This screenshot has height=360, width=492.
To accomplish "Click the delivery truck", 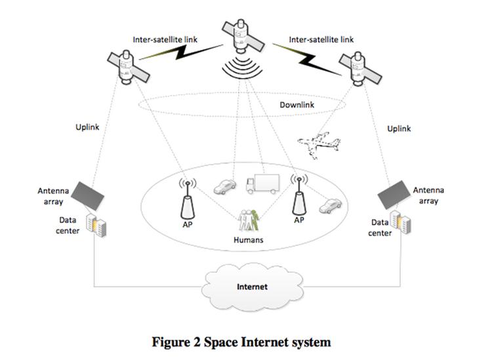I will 261,186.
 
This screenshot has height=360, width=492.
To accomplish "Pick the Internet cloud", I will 251,287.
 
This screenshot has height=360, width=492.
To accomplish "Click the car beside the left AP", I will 224,187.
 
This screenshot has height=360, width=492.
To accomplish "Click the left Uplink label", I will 87,127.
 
